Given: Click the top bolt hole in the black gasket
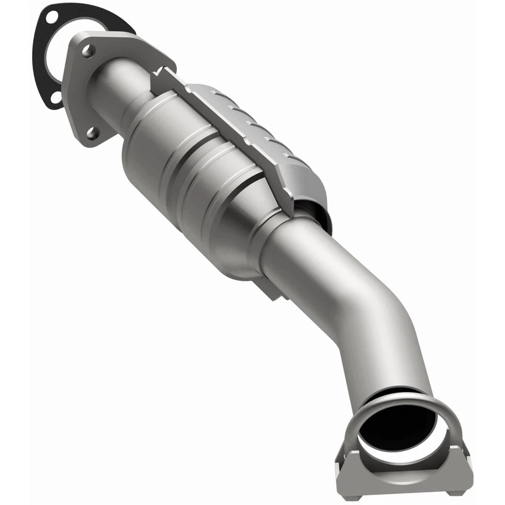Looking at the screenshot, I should point(52,17).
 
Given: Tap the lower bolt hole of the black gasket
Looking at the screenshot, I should point(54,97).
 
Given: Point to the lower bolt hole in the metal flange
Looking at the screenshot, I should point(93,132).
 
